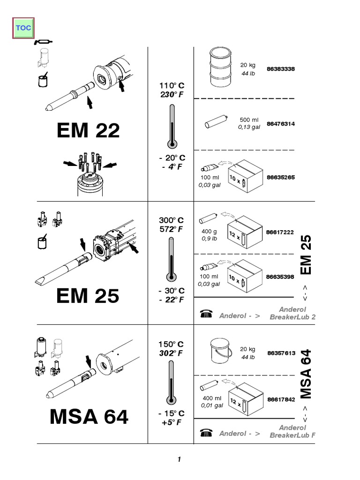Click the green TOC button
[x=23, y=28]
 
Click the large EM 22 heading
[x=88, y=131]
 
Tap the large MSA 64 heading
[x=89, y=417]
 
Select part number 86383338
[x=281, y=69]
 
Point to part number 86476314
[x=281, y=124]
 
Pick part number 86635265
[x=281, y=178]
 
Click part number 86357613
[x=281, y=353]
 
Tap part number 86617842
[x=281, y=399]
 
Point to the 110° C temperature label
[x=172, y=86]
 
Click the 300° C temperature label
[x=171, y=220]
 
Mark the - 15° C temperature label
[x=171, y=413]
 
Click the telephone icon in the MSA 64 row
[x=206, y=433]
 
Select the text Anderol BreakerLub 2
[x=292, y=313]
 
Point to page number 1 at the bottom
[x=179, y=459]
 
